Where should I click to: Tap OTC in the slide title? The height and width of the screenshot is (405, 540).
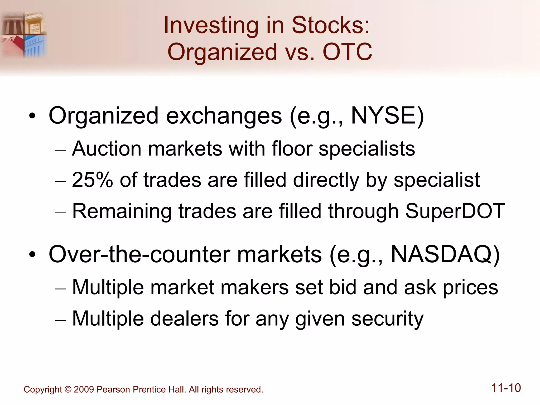tap(347, 52)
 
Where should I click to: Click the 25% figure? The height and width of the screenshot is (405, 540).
tap(92, 180)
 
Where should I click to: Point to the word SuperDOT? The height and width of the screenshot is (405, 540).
tap(455, 211)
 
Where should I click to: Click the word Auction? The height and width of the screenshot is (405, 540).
tap(107, 149)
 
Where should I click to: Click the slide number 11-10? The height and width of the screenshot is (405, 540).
tap(506, 388)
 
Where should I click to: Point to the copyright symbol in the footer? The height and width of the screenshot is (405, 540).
tap(68, 389)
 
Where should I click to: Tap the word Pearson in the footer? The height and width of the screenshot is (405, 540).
tap(113, 389)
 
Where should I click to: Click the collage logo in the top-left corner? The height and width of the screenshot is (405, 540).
tap(24, 34)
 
